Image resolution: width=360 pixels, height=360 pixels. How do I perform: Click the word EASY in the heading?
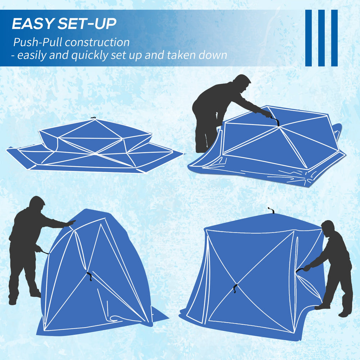(x=32, y=23)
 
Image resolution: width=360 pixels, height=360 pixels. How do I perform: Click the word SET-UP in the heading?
(x=87, y=23)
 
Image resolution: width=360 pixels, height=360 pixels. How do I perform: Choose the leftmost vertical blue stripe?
(x=309, y=38)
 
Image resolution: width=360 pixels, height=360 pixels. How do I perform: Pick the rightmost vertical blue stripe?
(x=334, y=38)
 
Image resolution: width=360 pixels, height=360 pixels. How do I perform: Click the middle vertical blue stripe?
(x=321, y=38)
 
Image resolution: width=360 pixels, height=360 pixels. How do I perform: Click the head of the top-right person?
(x=242, y=82)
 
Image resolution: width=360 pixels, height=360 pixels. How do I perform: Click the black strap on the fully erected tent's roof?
(x=271, y=210)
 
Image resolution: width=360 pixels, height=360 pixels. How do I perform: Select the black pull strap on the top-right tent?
(x=275, y=121)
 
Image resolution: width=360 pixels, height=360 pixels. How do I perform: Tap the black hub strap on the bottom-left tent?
(x=90, y=276)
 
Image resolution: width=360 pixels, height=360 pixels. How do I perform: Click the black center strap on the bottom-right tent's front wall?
(x=235, y=288)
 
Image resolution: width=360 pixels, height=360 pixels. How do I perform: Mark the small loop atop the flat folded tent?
(x=93, y=118)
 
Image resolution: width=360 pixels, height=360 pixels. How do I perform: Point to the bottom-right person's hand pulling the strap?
(x=307, y=268)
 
